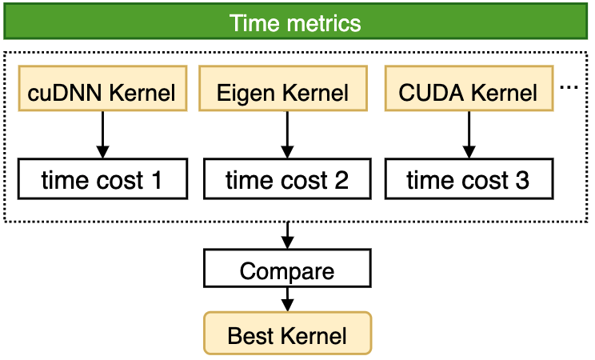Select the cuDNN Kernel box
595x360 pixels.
(x=102, y=90)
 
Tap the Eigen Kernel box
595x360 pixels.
(x=283, y=90)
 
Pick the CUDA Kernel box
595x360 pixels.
(x=469, y=90)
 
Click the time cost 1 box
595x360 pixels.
(x=102, y=179)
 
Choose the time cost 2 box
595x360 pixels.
(x=286, y=179)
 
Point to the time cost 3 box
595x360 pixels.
(x=468, y=179)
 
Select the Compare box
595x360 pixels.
(x=287, y=270)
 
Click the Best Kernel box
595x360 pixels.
(x=287, y=333)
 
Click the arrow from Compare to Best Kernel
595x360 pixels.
(x=287, y=300)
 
